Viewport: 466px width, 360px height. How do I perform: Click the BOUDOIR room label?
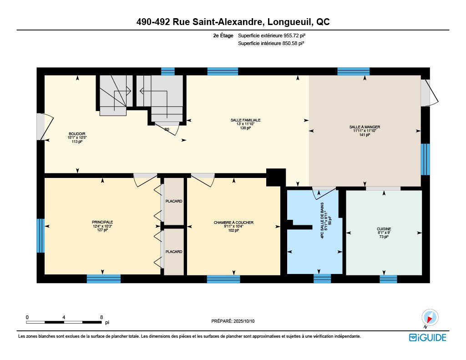tap(77, 134)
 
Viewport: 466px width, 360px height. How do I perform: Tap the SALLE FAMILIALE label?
tap(245, 120)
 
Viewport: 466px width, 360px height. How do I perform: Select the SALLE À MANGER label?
tap(365, 127)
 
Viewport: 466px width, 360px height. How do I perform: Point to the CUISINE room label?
tap(384, 229)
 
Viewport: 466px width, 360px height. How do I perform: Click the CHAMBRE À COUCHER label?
tap(233, 223)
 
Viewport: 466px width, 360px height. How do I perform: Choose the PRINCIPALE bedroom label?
tap(102, 222)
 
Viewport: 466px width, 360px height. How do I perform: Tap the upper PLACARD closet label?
tap(174, 201)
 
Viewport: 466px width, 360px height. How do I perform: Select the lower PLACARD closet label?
tap(174, 252)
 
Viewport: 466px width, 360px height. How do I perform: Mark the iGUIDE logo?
tap(428, 337)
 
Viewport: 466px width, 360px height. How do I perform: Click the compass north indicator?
tap(430, 318)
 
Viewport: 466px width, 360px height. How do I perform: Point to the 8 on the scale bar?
tap(101, 317)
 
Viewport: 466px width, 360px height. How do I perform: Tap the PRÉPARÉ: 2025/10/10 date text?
tap(233, 321)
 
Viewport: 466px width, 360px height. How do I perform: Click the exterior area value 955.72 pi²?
tap(294, 35)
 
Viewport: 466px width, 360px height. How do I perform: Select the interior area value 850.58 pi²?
tap(293, 43)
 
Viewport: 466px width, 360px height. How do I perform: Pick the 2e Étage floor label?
tap(223, 35)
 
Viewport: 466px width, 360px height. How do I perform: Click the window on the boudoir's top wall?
tap(168, 71)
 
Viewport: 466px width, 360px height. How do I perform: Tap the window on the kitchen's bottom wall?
tap(389, 279)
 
